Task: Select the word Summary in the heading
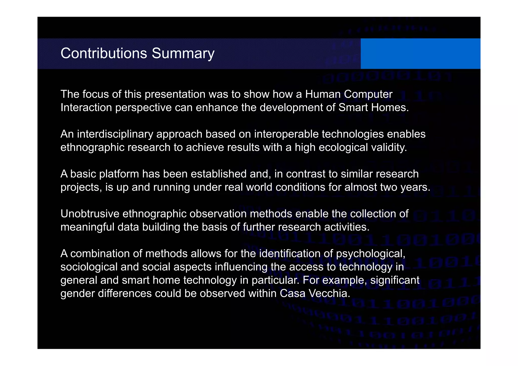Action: (183, 53)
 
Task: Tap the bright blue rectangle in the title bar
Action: (420, 54)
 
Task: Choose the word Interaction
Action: (86, 108)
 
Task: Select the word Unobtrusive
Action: (90, 214)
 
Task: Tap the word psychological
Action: (371, 254)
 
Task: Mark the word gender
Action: (78, 294)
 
